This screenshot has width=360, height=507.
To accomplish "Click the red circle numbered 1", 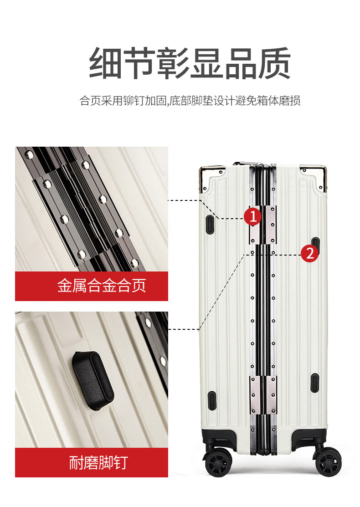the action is [252, 216].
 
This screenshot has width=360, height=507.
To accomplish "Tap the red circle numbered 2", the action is [310, 253].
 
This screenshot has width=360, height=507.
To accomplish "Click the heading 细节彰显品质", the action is [190, 63].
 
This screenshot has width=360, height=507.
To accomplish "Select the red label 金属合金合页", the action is [92, 286].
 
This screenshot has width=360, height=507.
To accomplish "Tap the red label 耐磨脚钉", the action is [92, 462].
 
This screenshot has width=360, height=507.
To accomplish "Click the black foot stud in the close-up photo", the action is [93, 380].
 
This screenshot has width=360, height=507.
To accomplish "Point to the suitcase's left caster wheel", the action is [218, 461].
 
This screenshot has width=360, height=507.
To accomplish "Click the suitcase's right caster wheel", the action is [327, 461].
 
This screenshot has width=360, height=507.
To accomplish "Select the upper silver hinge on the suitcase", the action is [262, 225].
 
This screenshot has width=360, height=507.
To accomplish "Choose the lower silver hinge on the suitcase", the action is [263, 395].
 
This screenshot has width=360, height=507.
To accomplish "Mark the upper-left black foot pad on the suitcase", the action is [210, 224].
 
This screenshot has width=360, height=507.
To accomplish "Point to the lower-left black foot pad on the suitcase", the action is [211, 400].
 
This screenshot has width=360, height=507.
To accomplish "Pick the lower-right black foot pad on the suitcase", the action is [315, 383].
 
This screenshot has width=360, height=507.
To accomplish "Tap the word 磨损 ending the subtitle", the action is [290, 101].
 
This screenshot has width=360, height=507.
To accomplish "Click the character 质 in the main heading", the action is [274, 63].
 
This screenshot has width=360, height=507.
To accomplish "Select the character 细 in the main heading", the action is [105, 63].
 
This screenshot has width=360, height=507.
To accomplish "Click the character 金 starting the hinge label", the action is [65, 286].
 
